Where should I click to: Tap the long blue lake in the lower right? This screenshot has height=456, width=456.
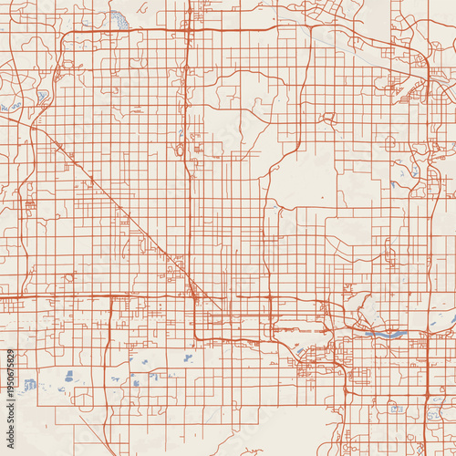(383, 334)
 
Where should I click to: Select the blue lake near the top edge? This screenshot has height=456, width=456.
(119, 17)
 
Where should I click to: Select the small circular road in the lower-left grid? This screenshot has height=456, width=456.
(69, 276)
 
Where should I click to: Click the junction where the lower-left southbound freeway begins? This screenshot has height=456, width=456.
(110, 297)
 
